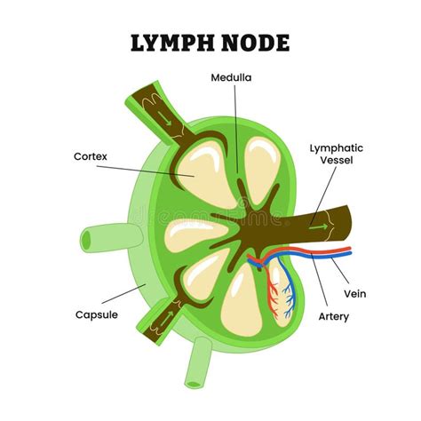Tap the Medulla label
[x=231, y=77]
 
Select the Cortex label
[x=91, y=156]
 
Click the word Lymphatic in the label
[x=336, y=148]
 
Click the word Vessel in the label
[x=336, y=163]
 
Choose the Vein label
[x=353, y=294]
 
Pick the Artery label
[x=334, y=316]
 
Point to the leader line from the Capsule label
[x=124, y=298]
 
